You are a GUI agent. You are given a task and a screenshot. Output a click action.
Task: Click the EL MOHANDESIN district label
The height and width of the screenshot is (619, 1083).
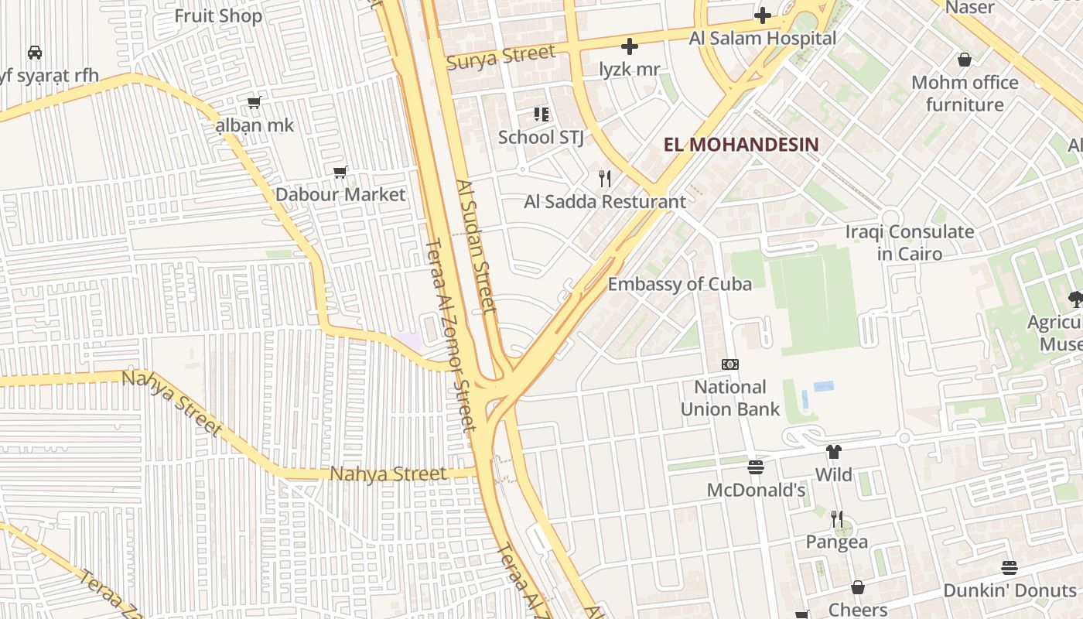tap(740, 145)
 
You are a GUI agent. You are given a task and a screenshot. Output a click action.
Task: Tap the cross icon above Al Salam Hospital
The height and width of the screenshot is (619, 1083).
tap(763, 15)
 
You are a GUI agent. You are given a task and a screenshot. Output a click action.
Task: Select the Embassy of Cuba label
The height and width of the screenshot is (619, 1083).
tap(679, 284)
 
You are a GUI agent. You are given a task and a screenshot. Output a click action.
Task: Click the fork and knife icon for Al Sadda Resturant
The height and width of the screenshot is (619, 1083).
tap(605, 179)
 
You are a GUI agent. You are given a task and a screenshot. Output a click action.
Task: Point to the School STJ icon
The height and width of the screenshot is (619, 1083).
tap(541, 115)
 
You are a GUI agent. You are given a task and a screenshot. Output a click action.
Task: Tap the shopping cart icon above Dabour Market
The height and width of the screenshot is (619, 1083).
tap(340, 171)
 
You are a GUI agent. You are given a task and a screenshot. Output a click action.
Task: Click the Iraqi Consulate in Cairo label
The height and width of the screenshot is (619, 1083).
tap(909, 242)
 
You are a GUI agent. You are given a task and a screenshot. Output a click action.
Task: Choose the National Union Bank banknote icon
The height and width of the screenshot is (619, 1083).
tap(729, 364)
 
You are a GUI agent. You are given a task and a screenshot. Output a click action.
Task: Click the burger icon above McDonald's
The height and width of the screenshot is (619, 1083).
tap(756, 467)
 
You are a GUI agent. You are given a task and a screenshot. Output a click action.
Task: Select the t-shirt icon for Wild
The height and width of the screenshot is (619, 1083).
tap(833, 452)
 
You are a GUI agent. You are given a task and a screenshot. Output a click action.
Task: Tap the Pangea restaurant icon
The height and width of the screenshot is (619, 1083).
tap(836, 518)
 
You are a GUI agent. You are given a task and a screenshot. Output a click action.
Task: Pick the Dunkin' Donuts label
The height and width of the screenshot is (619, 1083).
tap(1009, 590)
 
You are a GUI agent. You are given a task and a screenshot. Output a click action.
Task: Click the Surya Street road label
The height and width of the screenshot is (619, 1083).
tap(501, 56)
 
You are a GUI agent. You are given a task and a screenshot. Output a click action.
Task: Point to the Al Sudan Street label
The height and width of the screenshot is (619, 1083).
tap(476, 246)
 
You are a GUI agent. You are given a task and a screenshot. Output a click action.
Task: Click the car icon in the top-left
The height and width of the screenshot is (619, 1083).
tap(35, 53)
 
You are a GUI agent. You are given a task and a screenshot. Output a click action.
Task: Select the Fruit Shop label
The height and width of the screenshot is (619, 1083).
tap(218, 15)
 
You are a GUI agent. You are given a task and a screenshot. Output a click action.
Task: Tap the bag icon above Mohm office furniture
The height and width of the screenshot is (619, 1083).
tap(964, 60)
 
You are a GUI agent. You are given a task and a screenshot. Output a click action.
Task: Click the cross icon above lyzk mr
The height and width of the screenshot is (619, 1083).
tap(630, 46)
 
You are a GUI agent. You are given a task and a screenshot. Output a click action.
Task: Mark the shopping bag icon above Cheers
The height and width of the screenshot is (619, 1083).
tap(857, 587)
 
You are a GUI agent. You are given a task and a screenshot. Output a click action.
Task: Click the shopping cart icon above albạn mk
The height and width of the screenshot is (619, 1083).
tap(254, 102)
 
